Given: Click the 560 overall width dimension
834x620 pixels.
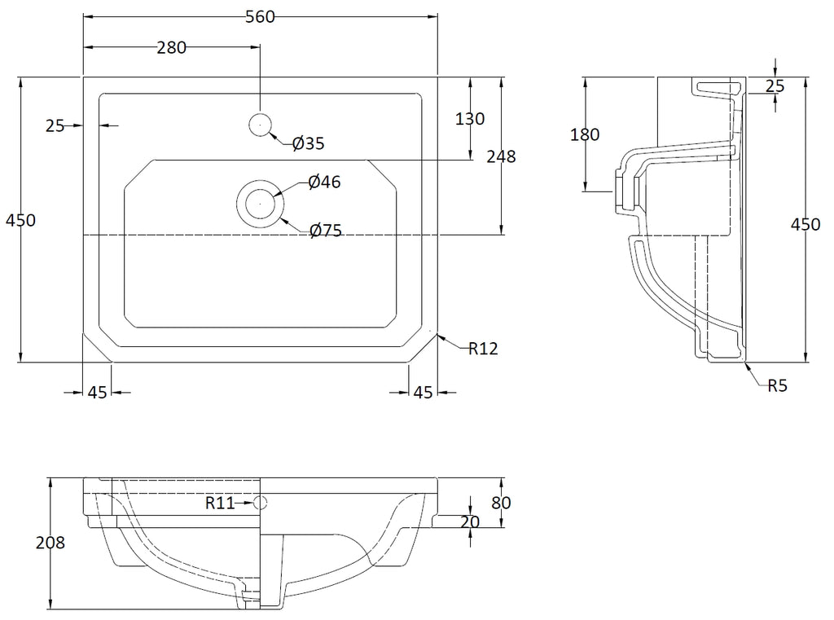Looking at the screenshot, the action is (260, 17).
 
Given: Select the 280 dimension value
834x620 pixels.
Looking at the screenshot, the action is (171, 48).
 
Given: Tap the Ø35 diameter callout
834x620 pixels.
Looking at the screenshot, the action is (309, 143).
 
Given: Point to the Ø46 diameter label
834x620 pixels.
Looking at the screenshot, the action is (324, 182).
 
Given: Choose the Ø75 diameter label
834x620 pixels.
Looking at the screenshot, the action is (326, 231).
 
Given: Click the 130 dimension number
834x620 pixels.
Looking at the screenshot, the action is (470, 119).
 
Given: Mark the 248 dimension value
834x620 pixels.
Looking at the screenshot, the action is (501, 156).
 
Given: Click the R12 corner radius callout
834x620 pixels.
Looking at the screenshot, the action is (483, 349).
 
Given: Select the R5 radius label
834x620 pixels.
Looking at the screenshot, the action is (777, 385).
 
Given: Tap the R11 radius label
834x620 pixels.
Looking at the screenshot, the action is (220, 503).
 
